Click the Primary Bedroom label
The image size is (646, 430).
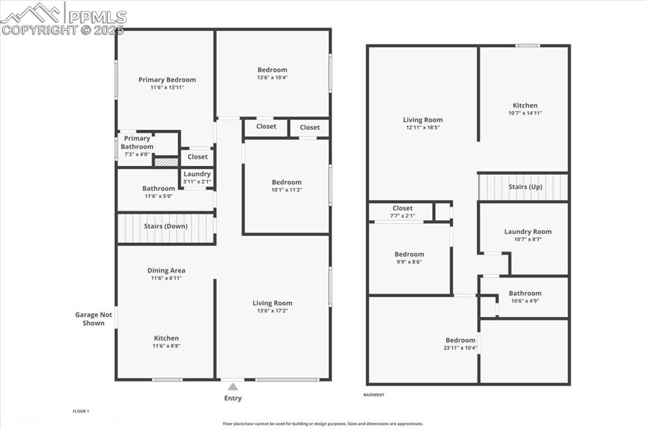167,80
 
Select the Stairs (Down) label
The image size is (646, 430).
165,226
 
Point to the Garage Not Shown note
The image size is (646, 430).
93,319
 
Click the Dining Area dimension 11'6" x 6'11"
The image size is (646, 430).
167,278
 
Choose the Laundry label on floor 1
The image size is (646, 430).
197,174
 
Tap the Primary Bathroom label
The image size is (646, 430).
137,142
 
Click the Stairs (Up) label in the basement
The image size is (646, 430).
526,187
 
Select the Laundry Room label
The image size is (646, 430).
527,232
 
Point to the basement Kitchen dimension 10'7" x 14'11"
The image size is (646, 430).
525,113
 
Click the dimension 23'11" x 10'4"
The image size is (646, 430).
460,348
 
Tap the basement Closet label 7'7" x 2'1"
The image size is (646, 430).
402,216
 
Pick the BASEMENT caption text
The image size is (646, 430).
374,395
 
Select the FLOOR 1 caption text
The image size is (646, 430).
81,411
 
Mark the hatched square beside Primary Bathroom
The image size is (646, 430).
166,162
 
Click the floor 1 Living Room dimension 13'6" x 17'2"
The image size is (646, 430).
273,311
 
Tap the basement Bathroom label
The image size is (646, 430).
525,293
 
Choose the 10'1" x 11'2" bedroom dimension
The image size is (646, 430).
286,190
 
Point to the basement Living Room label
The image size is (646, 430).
423,120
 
